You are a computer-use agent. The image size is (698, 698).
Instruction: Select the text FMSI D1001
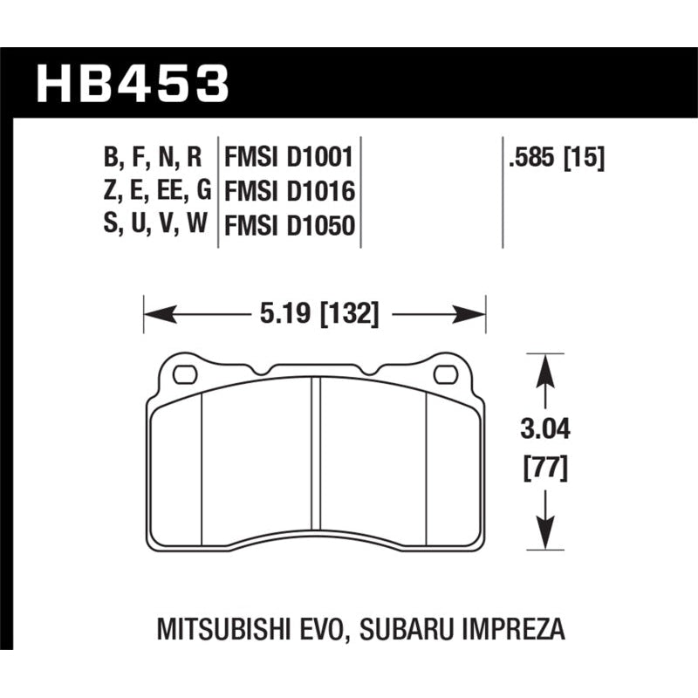[x=288, y=158]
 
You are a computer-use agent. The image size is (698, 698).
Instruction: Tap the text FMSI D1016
[x=288, y=192]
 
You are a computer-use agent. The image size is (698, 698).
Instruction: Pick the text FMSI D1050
[x=288, y=226]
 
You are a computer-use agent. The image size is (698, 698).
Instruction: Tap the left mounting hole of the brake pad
[x=184, y=376]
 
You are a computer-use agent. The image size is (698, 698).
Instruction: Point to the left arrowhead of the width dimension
[x=152, y=314]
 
